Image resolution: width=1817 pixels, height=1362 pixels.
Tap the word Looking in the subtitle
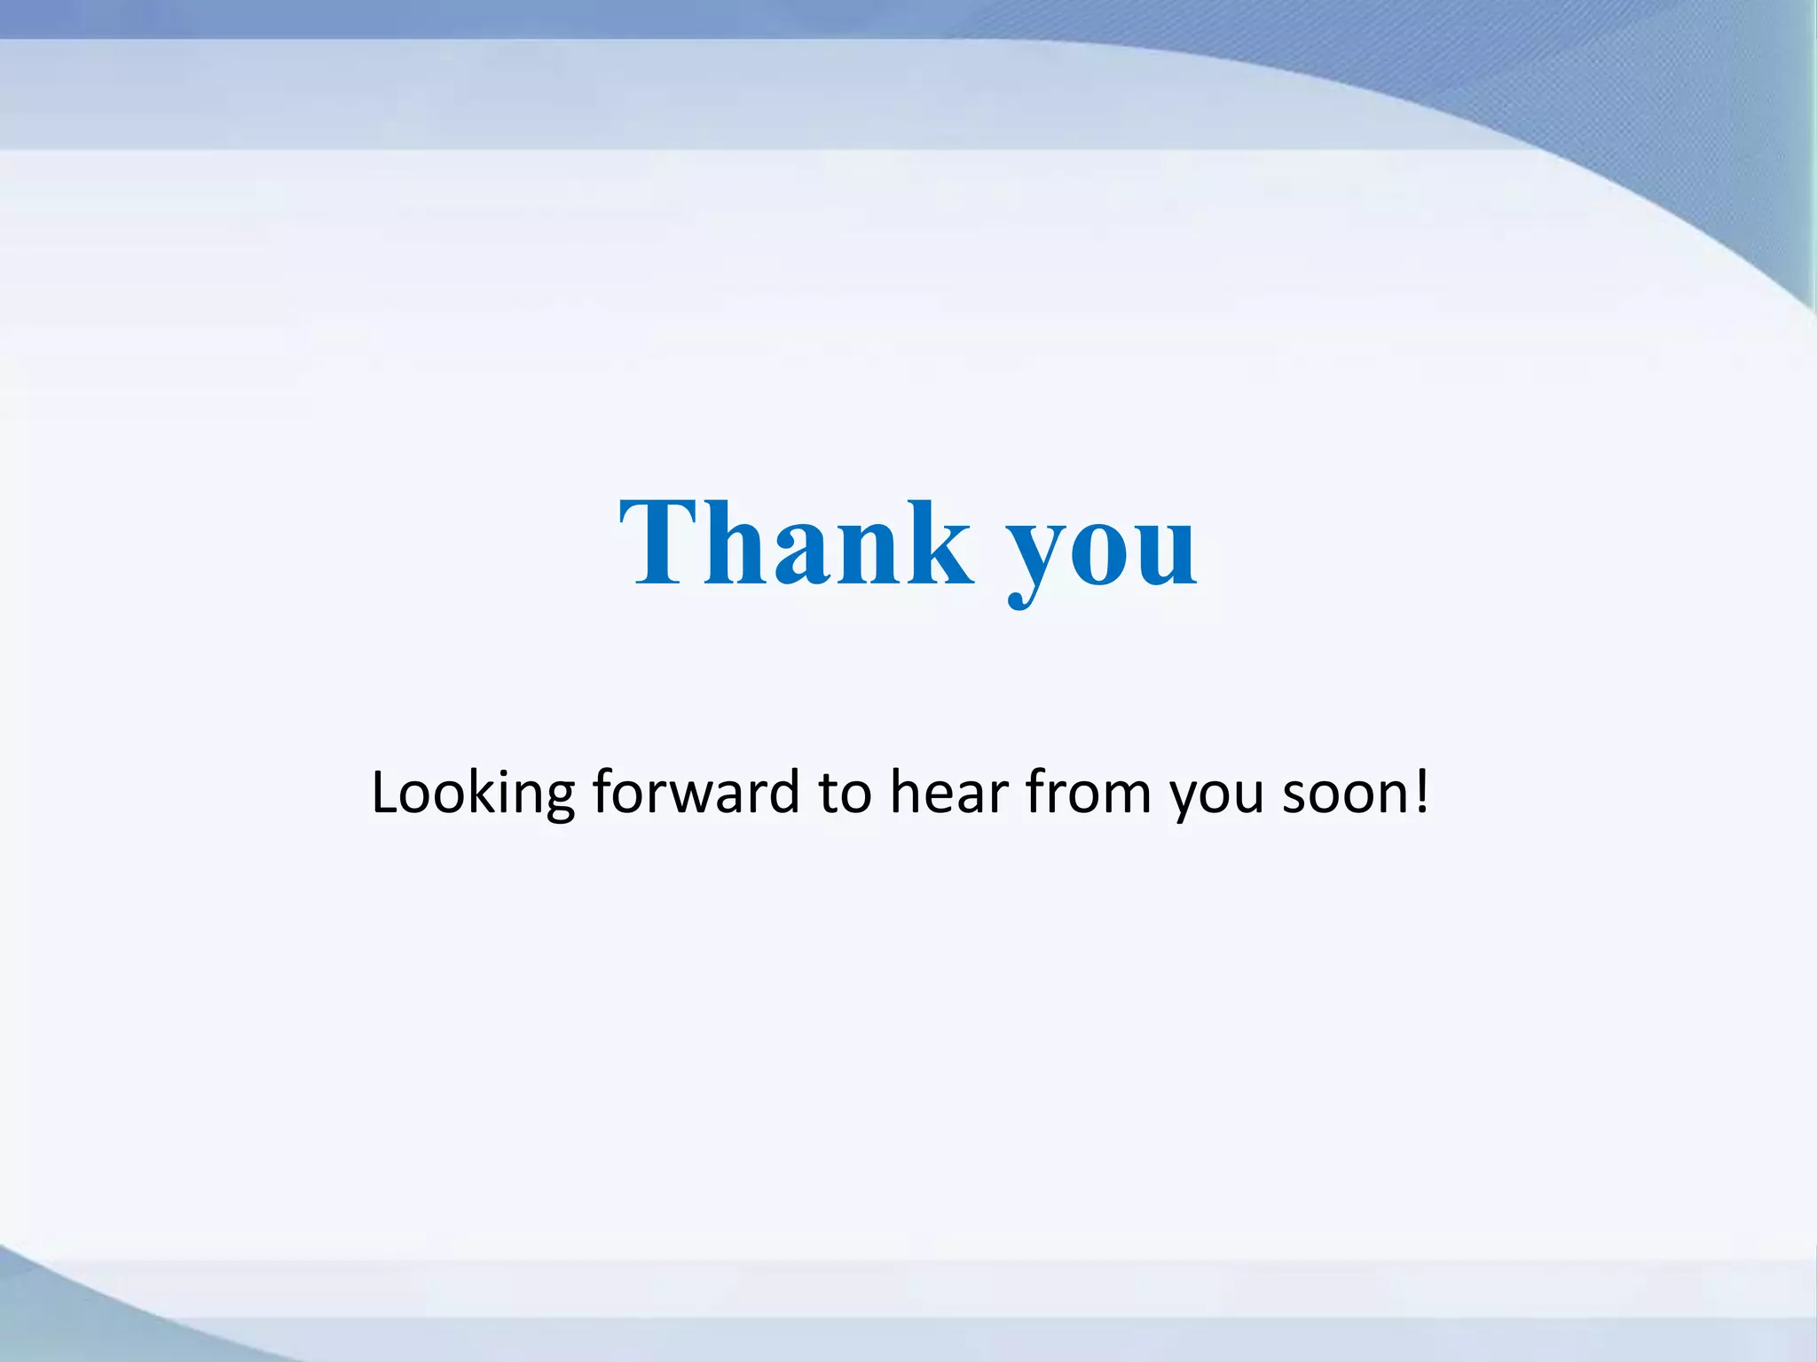pyautogui.click(x=473, y=792)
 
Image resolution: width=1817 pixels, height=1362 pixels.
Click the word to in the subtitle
pyautogui.click(x=845, y=792)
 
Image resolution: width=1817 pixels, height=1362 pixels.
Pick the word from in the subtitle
pyautogui.click(x=1089, y=791)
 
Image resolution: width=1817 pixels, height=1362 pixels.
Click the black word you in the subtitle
pyautogui.click(x=1216, y=794)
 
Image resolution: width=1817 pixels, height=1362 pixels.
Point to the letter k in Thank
pyautogui.click(x=940, y=544)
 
